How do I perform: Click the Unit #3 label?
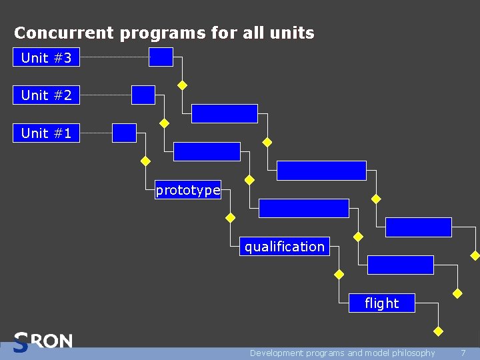(x=46, y=58)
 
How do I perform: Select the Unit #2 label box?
(x=46, y=95)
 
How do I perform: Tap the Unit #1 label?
(x=46, y=133)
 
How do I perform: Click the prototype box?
(x=188, y=190)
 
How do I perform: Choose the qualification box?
(x=285, y=247)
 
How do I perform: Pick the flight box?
(x=382, y=303)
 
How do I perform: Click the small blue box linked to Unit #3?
(x=161, y=57)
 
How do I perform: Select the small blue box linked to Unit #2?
(x=143, y=95)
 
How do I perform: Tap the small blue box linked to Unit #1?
(x=124, y=133)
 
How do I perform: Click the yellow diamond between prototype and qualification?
(x=231, y=218)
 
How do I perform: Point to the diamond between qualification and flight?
(x=339, y=274)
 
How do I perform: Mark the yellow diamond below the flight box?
(x=438, y=331)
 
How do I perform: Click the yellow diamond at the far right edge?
(x=475, y=255)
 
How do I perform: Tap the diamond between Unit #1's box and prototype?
(x=145, y=161)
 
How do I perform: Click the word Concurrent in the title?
(x=54, y=33)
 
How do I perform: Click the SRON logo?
(x=43, y=342)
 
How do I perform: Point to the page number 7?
(x=463, y=353)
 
